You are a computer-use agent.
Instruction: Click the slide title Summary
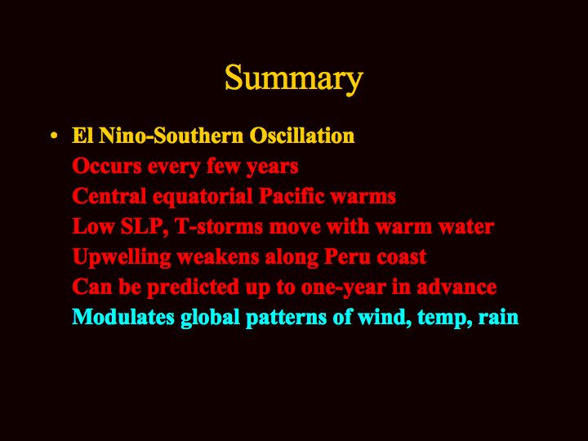(x=294, y=78)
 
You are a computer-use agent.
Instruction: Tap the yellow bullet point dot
(x=54, y=136)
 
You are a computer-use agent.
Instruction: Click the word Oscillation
(x=302, y=135)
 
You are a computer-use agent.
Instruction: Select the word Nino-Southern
(x=171, y=135)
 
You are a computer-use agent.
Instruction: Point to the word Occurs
(x=107, y=166)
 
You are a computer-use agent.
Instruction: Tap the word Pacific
(x=292, y=196)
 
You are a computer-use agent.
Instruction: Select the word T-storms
(x=219, y=226)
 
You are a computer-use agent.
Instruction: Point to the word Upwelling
(x=122, y=258)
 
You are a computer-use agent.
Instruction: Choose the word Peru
(x=346, y=256)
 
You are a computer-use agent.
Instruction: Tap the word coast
(x=401, y=257)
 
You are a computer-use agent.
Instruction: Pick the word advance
(x=457, y=287)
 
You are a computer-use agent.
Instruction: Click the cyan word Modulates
(x=123, y=317)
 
